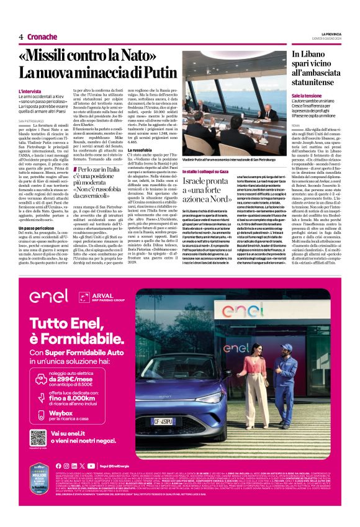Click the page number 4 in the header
coord(21,37)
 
